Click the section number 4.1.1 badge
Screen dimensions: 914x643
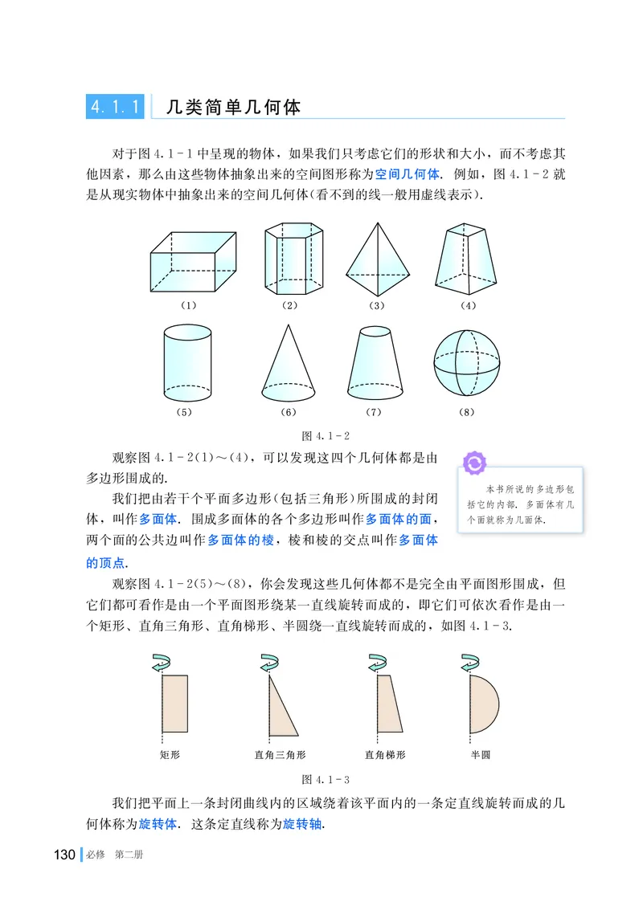tap(115, 106)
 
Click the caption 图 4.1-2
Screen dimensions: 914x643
tap(325, 436)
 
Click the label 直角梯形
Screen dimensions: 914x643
tap(385, 755)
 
